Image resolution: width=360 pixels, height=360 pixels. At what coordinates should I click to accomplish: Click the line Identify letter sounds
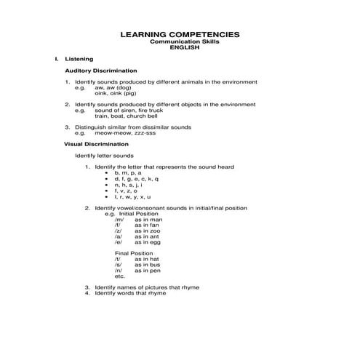pos(104,156)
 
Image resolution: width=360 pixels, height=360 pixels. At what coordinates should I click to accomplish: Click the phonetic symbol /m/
pos(119,220)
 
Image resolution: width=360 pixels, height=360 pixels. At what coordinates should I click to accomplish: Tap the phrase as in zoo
pos(147,231)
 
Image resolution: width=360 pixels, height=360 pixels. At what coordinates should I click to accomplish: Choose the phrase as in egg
pos(148,242)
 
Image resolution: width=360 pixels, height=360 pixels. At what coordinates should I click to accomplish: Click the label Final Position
pos(133,253)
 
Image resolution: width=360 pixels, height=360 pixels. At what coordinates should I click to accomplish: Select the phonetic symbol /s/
pos(118,265)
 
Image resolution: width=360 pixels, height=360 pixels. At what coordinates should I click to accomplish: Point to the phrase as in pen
pos(148,271)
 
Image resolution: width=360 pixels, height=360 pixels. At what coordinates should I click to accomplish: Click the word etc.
pos(120,276)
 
